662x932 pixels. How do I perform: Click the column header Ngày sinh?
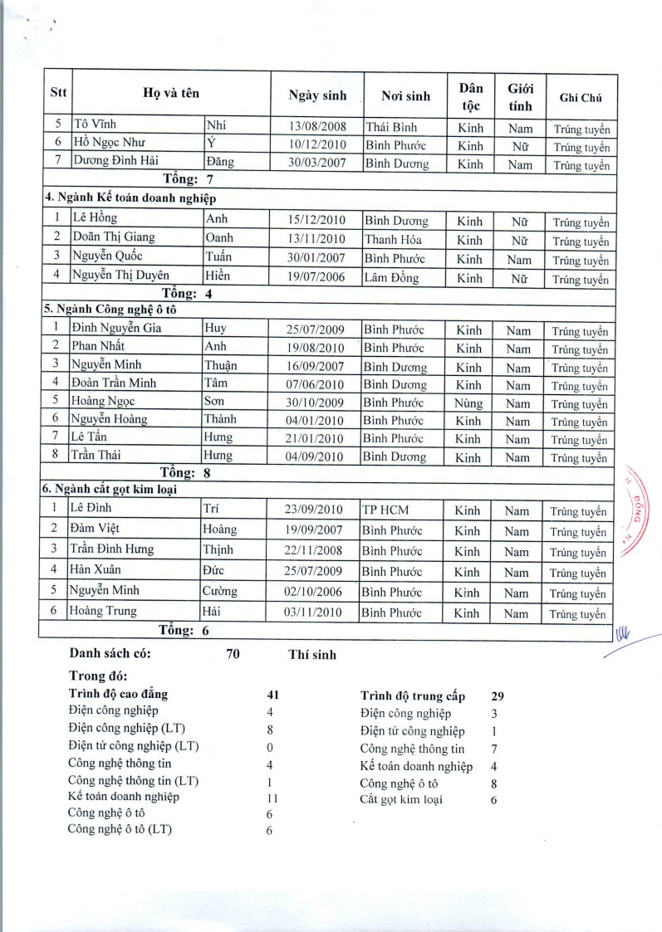[x=317, y=95]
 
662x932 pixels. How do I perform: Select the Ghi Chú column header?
[x=580, y=98]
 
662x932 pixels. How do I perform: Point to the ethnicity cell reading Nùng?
[x=468, y=403]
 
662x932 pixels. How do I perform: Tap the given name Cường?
[x=220, y=591]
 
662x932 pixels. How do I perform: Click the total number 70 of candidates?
[x=233, y=654]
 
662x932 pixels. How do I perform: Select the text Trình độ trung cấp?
[x=413, y=695]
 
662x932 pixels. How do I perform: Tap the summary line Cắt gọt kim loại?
[x=401, y=799]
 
